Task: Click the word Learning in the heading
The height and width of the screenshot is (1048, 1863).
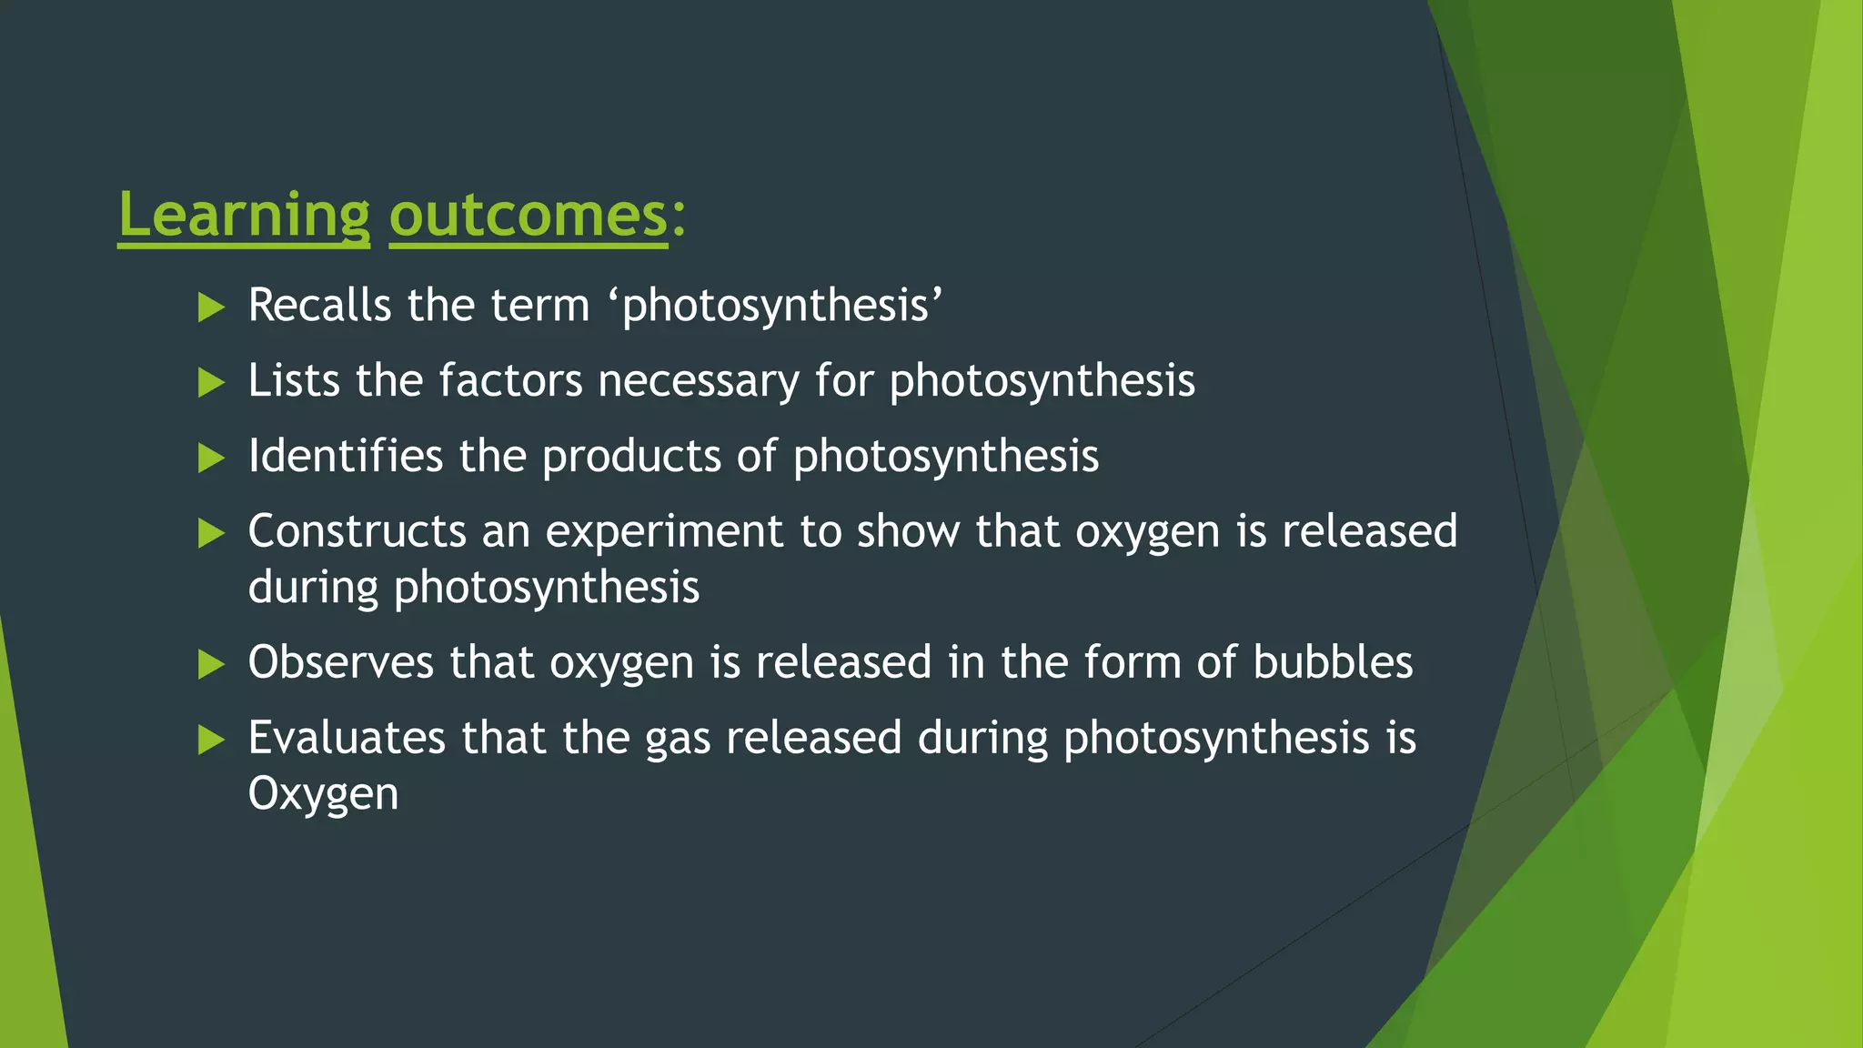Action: pos(244,216)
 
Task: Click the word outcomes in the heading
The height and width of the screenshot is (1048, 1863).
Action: pos(529,216)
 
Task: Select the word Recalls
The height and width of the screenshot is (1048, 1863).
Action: pos(319,305)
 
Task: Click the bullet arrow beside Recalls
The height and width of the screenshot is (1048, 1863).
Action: pos(211,307)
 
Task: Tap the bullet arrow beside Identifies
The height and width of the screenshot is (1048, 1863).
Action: pos(211,458)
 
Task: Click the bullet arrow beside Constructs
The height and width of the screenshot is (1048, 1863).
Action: pos(211,533)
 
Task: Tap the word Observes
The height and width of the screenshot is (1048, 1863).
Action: pos(340,662)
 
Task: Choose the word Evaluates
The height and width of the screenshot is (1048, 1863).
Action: pos(347,738)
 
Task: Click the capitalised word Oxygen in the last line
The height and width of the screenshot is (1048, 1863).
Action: pos(323,794)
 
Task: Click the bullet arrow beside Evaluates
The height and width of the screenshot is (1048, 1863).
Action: pos(211,740)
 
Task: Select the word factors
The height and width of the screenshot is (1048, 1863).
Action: pos(510,380)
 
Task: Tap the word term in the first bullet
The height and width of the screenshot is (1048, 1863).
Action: pos(540,305)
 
